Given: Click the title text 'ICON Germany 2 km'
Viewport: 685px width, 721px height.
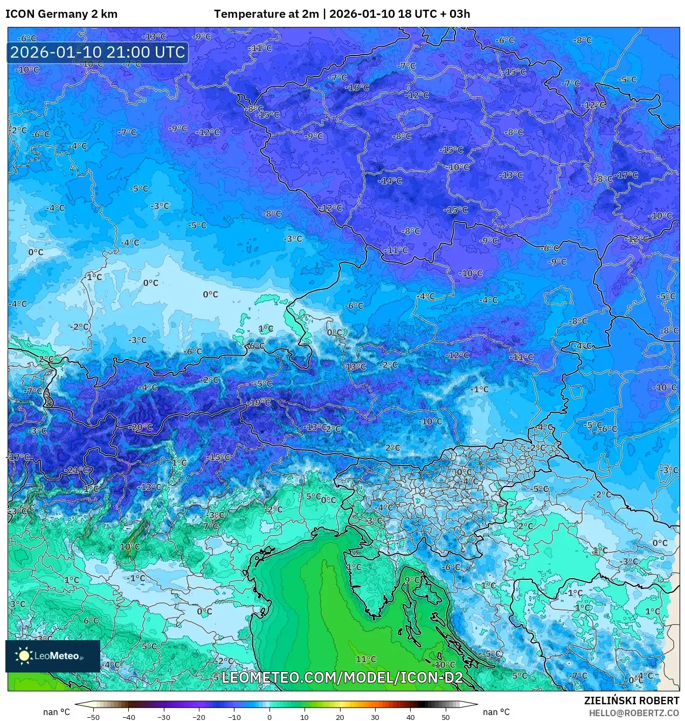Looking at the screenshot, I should pyautogui.click(x=61, y=14).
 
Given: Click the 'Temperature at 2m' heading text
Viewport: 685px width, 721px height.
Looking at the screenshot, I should pyautogui.click(x=266, y=14).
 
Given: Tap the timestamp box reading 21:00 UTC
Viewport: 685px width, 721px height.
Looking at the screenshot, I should pyautogui.click(x=98, y=53).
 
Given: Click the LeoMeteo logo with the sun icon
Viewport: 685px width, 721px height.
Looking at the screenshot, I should pyautogui.click(x=52, y=656).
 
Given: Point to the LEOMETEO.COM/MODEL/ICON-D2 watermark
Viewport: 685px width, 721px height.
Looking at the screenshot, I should pyautogui.click(x=342, y=677).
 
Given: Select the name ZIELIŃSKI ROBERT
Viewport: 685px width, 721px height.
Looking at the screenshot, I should pyautogui.click(x=631, y=701).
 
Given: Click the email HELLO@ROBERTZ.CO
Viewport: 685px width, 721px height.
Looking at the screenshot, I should pyautogui.click(x=634, y=713).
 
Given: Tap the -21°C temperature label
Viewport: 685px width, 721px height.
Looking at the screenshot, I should pyautogui.click(x=77, y=470).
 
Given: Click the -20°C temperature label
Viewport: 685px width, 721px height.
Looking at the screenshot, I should pyautogui.click(x=141, y=427).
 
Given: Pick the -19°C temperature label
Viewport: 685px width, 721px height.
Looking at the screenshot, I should pyautogui.click(x=259, y=403).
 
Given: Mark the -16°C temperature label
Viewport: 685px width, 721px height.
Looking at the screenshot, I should pyautogui.click(x=358, y=87).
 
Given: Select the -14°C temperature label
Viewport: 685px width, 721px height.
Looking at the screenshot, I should pyautogui.click(x=390, y=181).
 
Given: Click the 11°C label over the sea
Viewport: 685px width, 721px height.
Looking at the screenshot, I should pyautogui.click(x=366, y=659).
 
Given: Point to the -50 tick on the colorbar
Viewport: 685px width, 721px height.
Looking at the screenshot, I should pyautogui.click(x=93, y=717).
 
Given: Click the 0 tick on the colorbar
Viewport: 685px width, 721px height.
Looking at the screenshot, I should pyautogui.click(x=269, y=717).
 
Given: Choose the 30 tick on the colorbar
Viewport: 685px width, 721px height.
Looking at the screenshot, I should pyautogui.click(x=375, y=717).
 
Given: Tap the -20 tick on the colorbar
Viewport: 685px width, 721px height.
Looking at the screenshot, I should pyautogui.click(x=199, y=717).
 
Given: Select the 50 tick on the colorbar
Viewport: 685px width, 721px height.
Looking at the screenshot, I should pyautogui.click(x=446, y=717).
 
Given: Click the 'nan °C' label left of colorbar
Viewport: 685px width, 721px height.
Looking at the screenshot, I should pyautogui.click(x=57, y=712).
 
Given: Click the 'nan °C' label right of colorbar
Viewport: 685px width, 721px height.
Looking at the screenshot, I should pyautogui.click(x=496, y=712).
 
